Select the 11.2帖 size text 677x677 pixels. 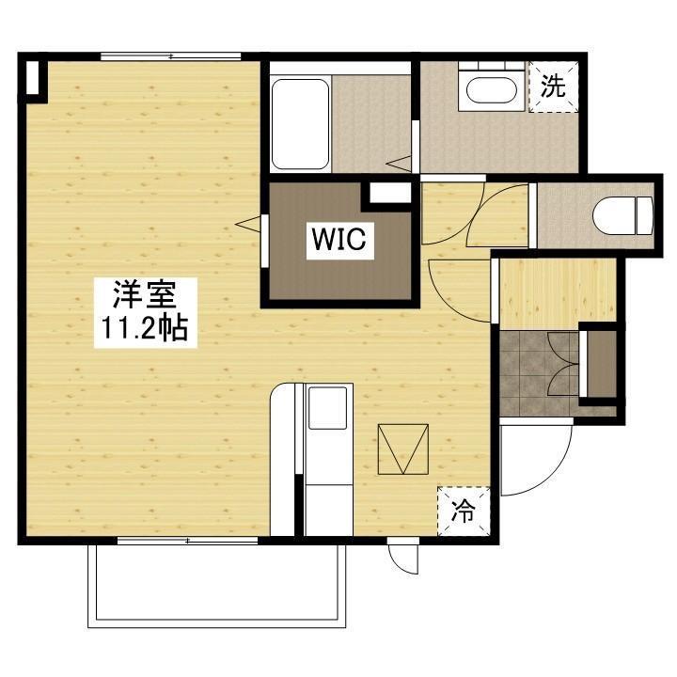[x=145, y=328]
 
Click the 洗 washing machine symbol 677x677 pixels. [x=553, y=87]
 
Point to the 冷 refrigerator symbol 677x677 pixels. [x=464, y=512]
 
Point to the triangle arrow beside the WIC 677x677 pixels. [x=249, y=224]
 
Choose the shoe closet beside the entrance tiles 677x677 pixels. [x=599, y=361]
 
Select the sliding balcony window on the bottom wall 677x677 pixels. [x=188, y=541]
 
